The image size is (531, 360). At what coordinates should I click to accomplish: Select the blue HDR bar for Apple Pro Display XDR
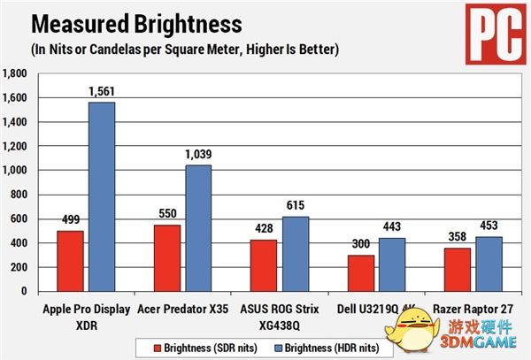[102, 196]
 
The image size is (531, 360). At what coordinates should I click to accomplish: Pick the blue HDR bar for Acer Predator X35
[198, 228]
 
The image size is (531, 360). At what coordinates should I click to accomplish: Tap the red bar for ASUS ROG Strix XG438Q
[265, 265]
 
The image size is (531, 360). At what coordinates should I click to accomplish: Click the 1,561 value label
[102, 92]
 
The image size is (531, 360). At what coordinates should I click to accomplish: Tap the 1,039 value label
[198, 155]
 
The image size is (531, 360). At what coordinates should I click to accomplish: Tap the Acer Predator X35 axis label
[182, 309]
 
